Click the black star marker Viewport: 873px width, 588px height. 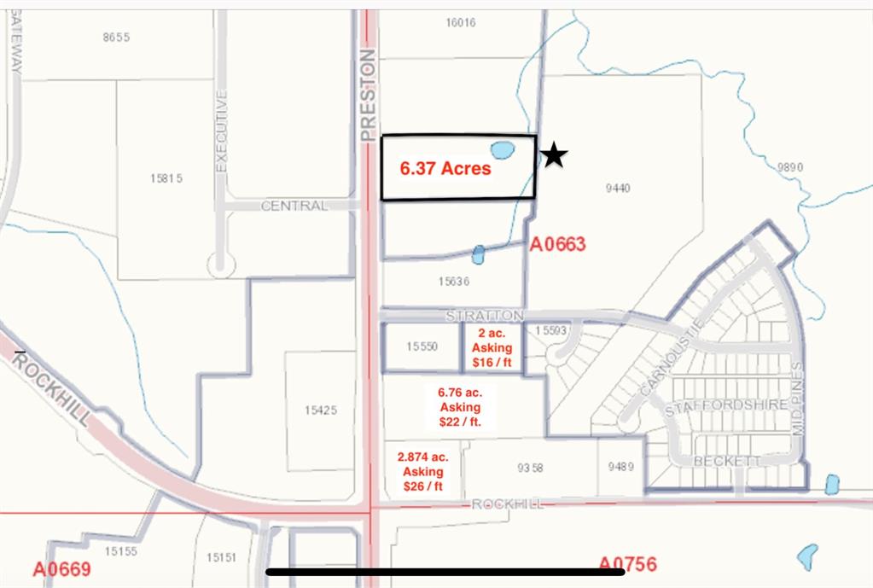554,155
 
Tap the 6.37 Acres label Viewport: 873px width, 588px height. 445,168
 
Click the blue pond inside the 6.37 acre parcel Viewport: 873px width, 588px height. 502,151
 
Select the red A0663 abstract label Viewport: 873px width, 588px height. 557,244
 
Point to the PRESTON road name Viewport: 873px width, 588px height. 368,95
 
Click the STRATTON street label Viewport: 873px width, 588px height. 484,316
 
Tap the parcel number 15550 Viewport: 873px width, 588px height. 422,346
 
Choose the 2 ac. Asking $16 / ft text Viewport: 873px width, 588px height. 492,348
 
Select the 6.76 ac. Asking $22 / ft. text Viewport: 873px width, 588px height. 460,407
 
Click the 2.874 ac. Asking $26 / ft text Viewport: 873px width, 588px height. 422,471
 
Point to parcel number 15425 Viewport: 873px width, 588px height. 320,410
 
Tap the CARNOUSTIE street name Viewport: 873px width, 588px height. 670,358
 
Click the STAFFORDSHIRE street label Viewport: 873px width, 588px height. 725,405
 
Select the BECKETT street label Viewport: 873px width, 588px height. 715,461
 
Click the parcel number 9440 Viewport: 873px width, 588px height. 617,188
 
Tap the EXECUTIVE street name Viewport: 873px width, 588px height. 222,131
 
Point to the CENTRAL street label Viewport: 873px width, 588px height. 294,206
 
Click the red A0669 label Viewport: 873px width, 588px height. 61,569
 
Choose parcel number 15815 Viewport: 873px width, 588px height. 166,178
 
